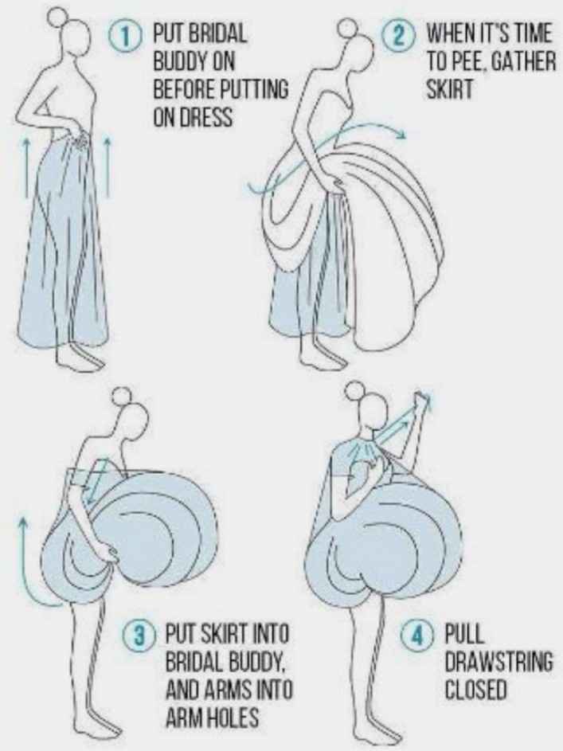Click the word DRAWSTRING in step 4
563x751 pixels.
coord(498,663)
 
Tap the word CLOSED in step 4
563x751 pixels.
coord(475,690)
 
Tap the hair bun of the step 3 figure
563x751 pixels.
coord(119,396)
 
